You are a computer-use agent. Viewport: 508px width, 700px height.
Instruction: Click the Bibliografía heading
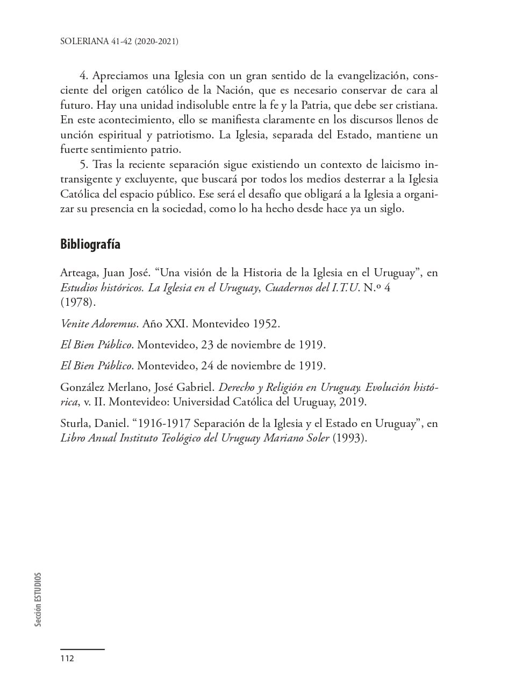point(90,244)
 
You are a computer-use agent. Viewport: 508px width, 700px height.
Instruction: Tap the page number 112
point(67,659)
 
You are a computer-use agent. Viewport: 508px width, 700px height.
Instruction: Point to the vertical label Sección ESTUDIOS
point(38,599)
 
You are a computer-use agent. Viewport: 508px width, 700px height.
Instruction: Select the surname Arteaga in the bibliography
point(78,273)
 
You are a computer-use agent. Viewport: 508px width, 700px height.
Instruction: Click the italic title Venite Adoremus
point(99,324)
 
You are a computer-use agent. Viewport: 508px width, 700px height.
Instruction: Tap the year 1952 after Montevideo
point(266,324)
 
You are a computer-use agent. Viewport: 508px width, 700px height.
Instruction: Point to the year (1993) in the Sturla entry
point(349,438)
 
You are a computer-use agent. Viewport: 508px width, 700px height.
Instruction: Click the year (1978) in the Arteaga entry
point(77,302)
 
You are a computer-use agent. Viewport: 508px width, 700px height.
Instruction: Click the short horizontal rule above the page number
point(82,649)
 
